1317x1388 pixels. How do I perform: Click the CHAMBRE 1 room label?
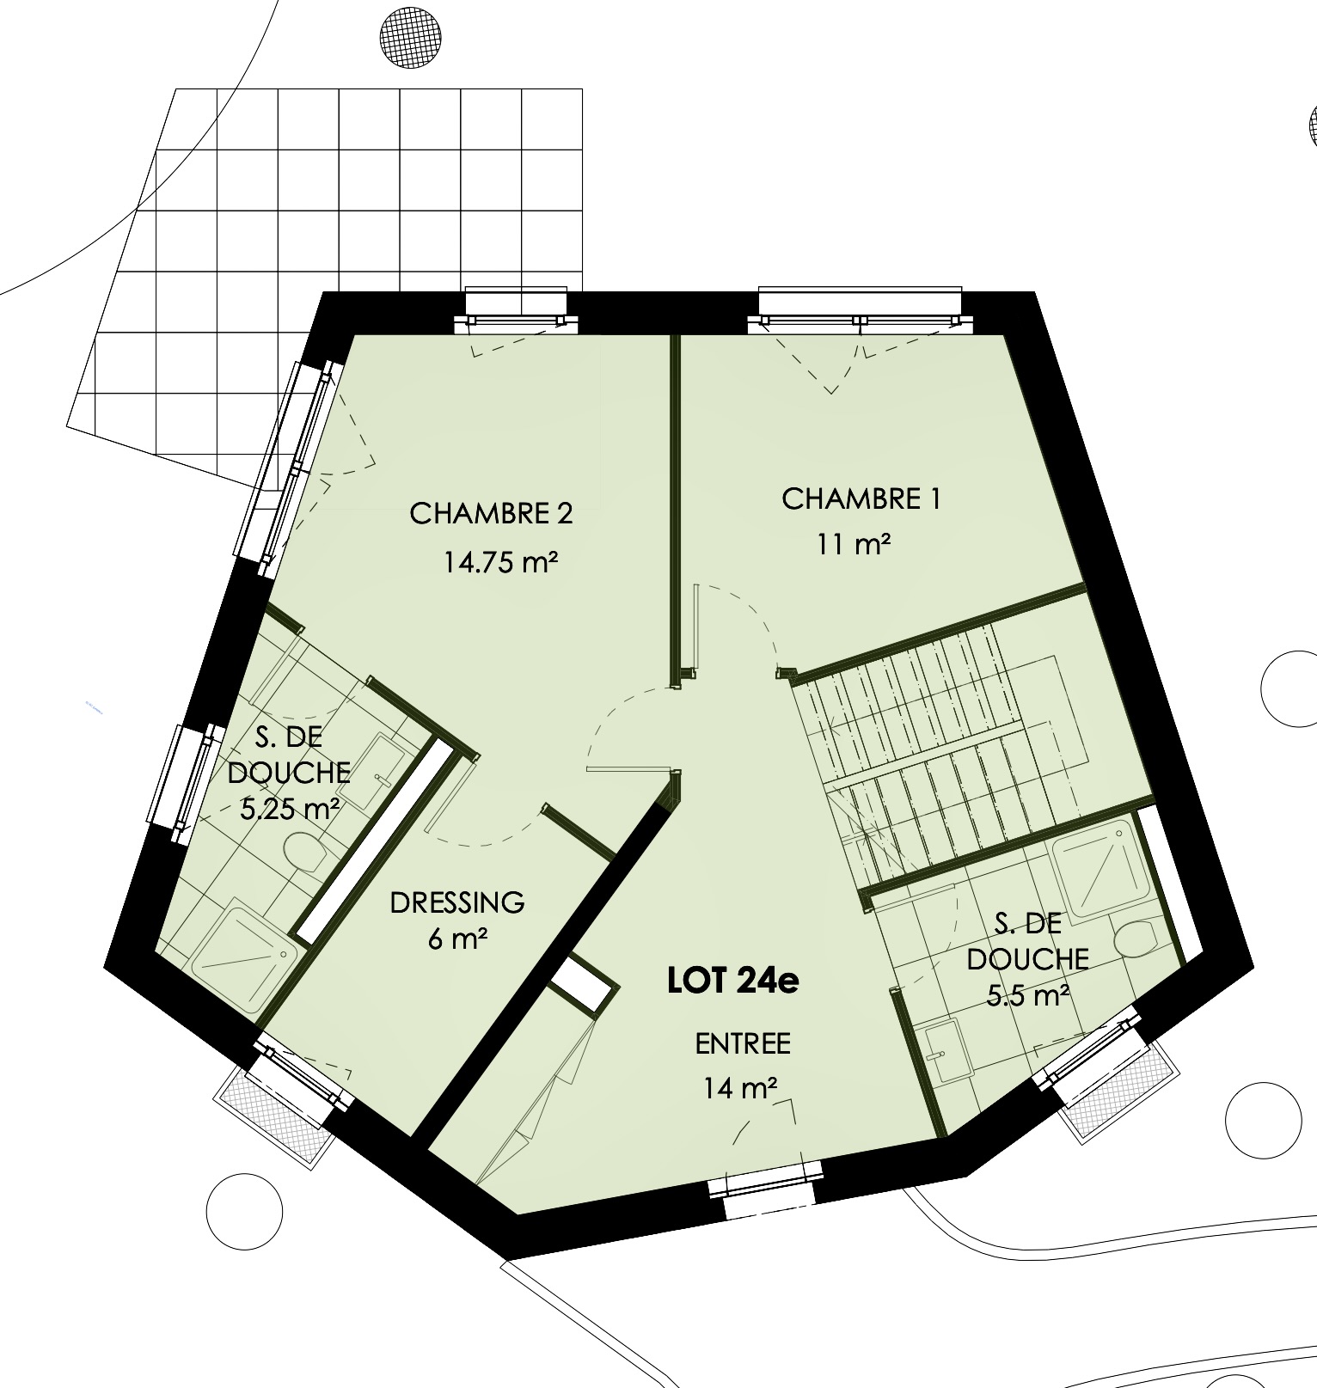pyautogui.click(x=861, y=498)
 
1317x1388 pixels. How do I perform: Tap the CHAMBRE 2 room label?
pyautogui.click(x=491, y=513)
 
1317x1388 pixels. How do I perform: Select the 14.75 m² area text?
pyautogui.click(x=501, y=562)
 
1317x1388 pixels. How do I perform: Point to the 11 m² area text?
pyautogui.click(x=854, y=544)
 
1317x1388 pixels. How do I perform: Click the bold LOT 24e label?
pyautogui.click(x=733, y=981)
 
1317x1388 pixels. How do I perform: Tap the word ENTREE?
pyautogui.click(x=743, y=1043)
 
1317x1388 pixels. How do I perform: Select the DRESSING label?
pyautogui.click(x=457, y=902)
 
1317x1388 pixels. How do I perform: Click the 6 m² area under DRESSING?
pyautogui.click(x=457, y=939)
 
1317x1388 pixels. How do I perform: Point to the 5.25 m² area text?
pyautogui.click(x=289, y=809)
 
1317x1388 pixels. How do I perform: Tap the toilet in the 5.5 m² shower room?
pyautogui.click(x=1136, y=939)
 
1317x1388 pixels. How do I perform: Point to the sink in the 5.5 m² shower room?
pyautogui.click(x=948, y=1052)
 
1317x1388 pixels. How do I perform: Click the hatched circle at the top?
pyautogui.click(x=412, y=37)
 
